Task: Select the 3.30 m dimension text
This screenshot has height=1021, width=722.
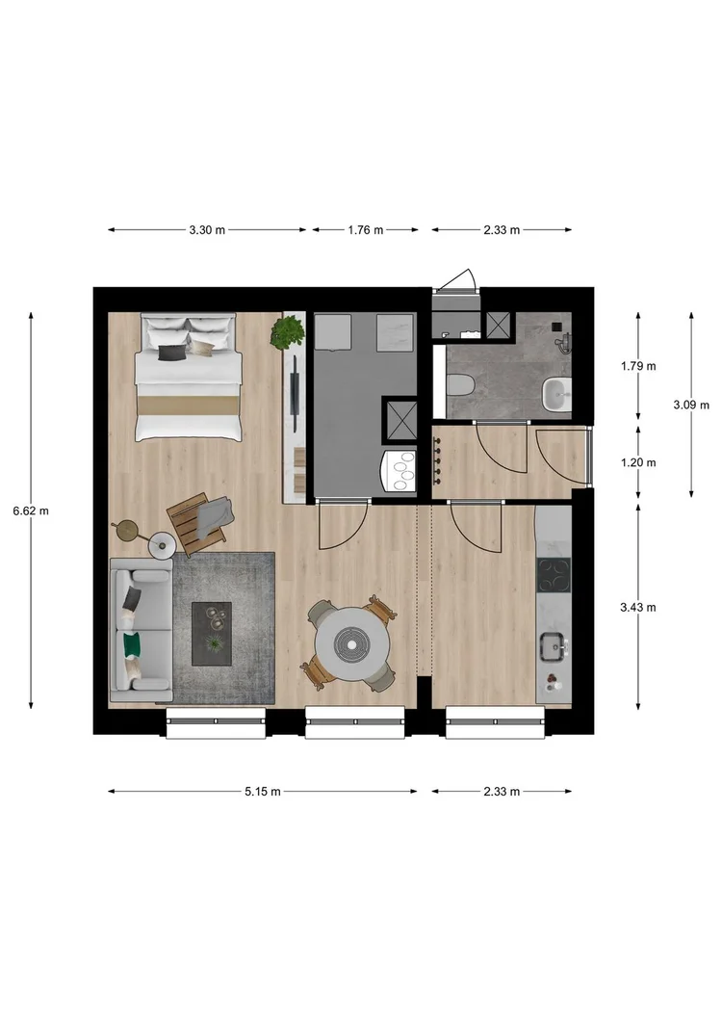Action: click(x=207, y=230)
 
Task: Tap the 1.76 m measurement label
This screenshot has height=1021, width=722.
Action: click(x=365, y=230)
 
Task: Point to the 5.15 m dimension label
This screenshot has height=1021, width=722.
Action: click(x=262, y=792)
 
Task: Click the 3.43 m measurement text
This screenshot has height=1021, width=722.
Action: click(x=637, y=607)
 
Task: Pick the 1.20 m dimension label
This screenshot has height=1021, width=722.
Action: click(x=637, y=462)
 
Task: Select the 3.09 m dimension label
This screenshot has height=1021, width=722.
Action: click(x=691, y=405)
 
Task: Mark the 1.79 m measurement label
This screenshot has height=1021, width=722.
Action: click(x=637, y=366)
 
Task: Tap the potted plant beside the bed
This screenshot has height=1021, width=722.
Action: click(x=287, y=332)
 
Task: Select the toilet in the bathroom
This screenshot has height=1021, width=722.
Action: click(x=460, y=386)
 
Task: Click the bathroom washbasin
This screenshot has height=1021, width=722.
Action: click(x=556, y=393)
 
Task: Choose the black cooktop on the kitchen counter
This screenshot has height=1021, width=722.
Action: click(x=554, y=575)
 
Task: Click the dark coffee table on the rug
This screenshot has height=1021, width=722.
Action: click(x=212, y=633)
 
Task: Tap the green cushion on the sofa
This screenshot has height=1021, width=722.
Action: click(x=132, y=641)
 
